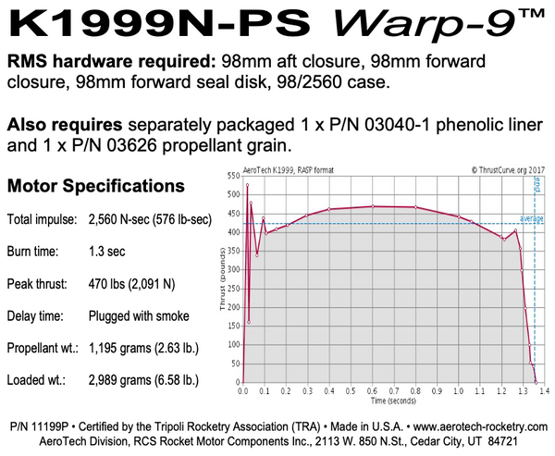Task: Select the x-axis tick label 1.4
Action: tap(545, 391)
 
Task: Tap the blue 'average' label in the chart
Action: tap(530, 218)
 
